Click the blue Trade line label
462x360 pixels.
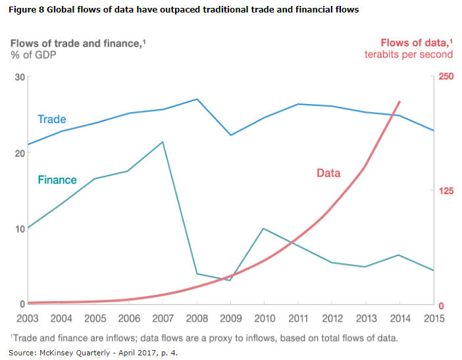[52, 119]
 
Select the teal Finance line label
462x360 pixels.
[57, 180]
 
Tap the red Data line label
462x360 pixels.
[328, 173]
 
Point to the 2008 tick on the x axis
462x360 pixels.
[197, 319]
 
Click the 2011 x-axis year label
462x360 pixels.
[298, 319]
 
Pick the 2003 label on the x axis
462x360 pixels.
[28, 319]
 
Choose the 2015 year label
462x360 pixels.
[433, 319]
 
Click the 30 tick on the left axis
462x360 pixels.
[18, 77]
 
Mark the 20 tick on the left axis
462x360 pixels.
[18, 153]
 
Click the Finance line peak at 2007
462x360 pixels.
[163, 141]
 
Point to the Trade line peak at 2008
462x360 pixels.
[197, 99]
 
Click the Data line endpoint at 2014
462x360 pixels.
[399, 102]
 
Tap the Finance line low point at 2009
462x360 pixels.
[230, 280]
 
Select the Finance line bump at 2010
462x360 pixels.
[264, 228]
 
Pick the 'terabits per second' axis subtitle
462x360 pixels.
[409, 55]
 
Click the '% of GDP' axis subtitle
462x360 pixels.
[33, 55]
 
